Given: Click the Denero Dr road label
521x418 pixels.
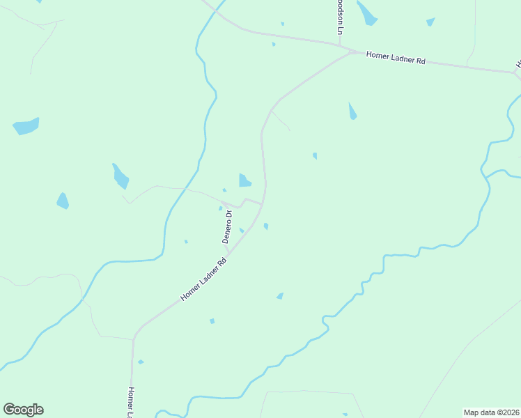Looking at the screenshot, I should (x=227, y=225).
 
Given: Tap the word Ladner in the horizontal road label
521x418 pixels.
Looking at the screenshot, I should (x=402, y=59).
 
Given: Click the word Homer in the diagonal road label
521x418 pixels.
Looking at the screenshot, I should (x=191, y=292).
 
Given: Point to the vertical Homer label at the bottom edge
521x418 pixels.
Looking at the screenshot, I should (x=130, y=403).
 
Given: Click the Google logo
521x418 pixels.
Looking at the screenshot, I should (x=23, y=410).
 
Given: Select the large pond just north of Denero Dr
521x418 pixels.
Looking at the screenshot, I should (x=244, y=180).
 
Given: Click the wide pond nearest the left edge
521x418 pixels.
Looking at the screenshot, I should (x=26, y=126).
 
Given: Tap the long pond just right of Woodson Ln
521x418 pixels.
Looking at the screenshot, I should (x=366, y=13).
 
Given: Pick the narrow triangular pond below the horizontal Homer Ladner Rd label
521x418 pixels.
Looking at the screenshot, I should (x=352, y=111).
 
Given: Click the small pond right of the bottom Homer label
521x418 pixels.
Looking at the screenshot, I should (x=141, y=362).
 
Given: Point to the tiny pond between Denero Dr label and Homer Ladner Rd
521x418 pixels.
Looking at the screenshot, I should (x=242, y=231).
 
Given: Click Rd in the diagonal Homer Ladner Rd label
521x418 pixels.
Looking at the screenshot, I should (x=223, y=263).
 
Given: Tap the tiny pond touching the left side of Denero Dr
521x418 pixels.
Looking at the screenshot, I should (x=220, y=208).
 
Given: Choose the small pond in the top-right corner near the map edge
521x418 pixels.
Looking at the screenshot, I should (x=430, y=22).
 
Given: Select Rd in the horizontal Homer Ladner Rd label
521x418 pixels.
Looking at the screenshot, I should (x=421, y=61).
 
